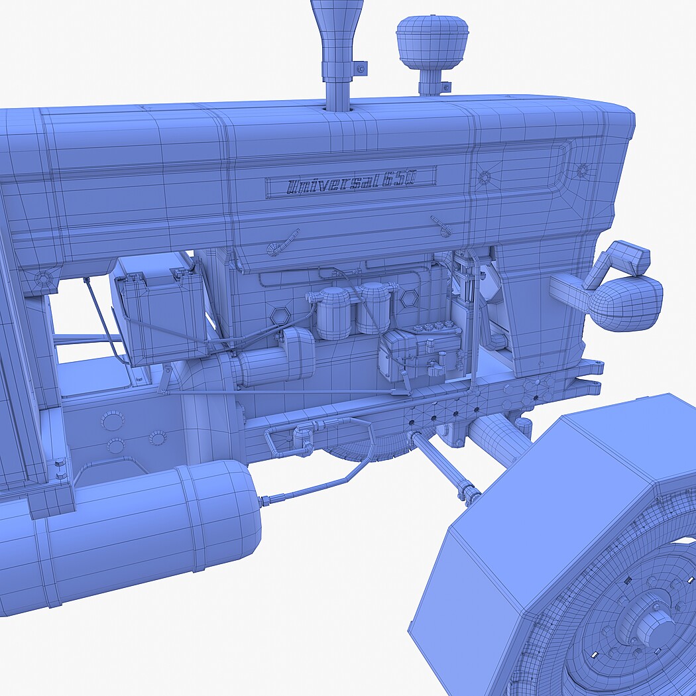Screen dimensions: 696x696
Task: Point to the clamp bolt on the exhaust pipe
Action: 361,69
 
